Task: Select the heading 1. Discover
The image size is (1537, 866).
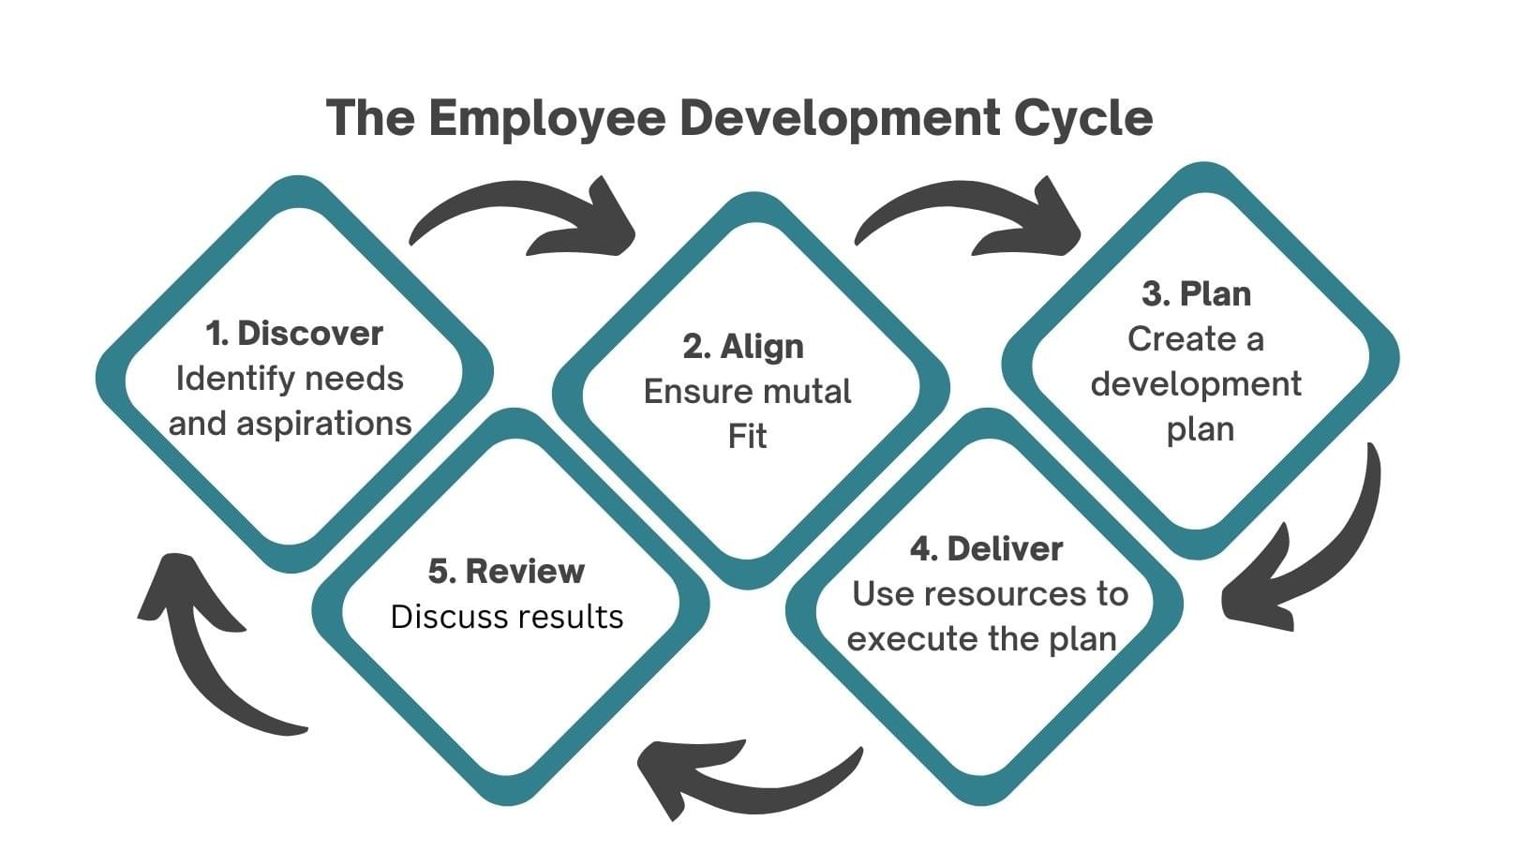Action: point(293,334)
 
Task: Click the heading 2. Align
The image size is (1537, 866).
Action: point(742,347)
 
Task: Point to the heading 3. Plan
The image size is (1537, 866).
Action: point(1196,294)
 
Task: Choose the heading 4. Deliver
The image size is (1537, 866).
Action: point(986,549)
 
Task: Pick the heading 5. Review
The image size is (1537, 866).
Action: point(506,571)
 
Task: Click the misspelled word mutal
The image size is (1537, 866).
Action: point(807,392)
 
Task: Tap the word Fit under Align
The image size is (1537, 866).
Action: point(747,437)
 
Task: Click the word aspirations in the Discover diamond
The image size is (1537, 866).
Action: point(323,424)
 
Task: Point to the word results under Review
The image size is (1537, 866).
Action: point(575,617)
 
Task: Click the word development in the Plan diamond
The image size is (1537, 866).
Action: point(1196,384)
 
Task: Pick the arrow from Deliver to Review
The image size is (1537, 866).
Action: point(740,773)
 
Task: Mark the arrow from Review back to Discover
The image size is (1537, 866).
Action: point(206,647)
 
